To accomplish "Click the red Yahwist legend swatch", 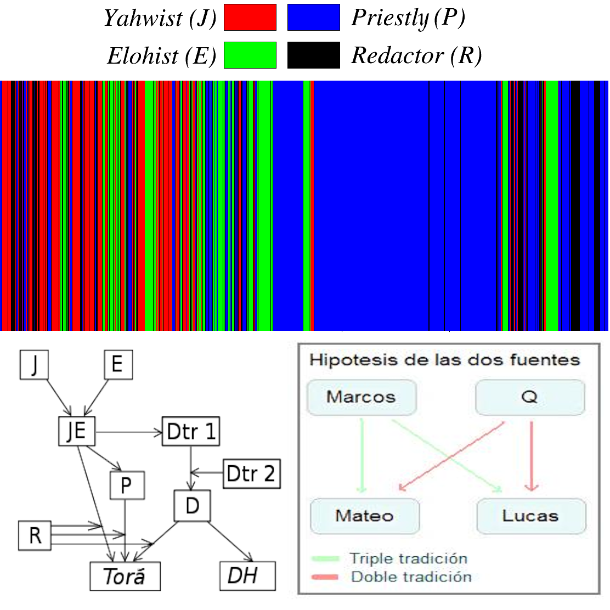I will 250,17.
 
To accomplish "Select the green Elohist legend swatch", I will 250,55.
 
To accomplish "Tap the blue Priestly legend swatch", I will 314,17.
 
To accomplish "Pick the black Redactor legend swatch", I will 314,55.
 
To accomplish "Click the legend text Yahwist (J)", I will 160,18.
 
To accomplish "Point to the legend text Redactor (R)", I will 416,55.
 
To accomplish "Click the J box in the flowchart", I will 34,365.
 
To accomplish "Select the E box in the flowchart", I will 117,365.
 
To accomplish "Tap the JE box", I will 77,431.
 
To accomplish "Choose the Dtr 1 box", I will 191,431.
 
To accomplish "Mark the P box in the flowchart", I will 127,485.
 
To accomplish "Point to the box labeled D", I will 192,505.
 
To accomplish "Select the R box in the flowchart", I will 35,535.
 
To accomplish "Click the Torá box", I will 125,576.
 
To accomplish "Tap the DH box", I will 247,576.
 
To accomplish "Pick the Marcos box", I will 362,397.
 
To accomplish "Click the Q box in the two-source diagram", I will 530,397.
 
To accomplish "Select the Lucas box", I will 530,516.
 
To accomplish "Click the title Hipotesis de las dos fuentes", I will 444,360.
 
